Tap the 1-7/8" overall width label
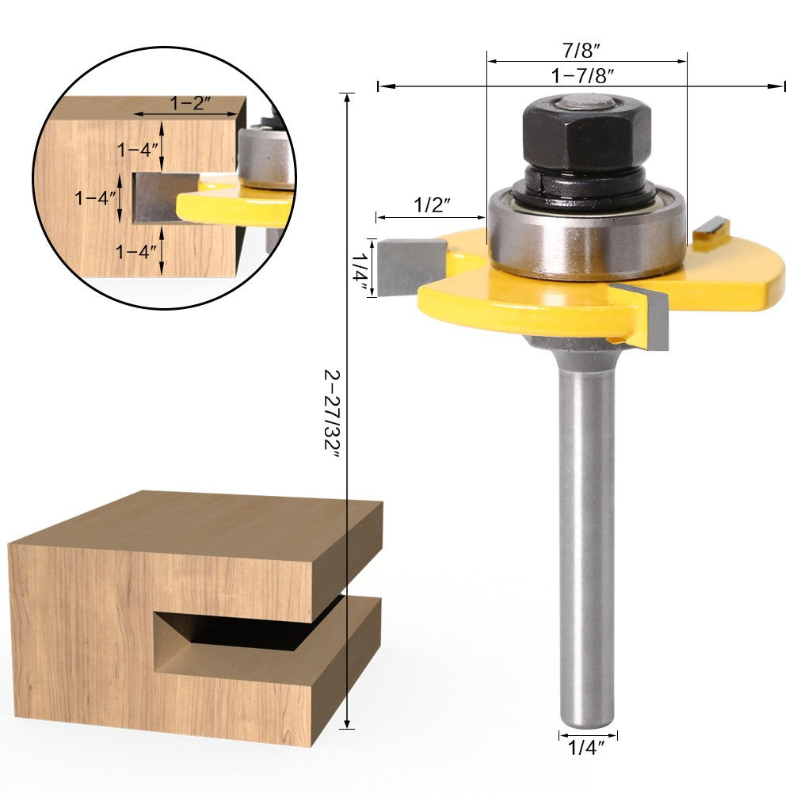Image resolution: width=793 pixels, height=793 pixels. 585,76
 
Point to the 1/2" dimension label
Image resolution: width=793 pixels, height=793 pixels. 433,205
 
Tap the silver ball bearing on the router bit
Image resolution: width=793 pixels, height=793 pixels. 587,234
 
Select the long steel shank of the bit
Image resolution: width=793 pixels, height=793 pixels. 587,539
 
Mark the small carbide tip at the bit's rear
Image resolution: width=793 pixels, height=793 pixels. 711,229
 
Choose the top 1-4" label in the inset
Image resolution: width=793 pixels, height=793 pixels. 139,148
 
